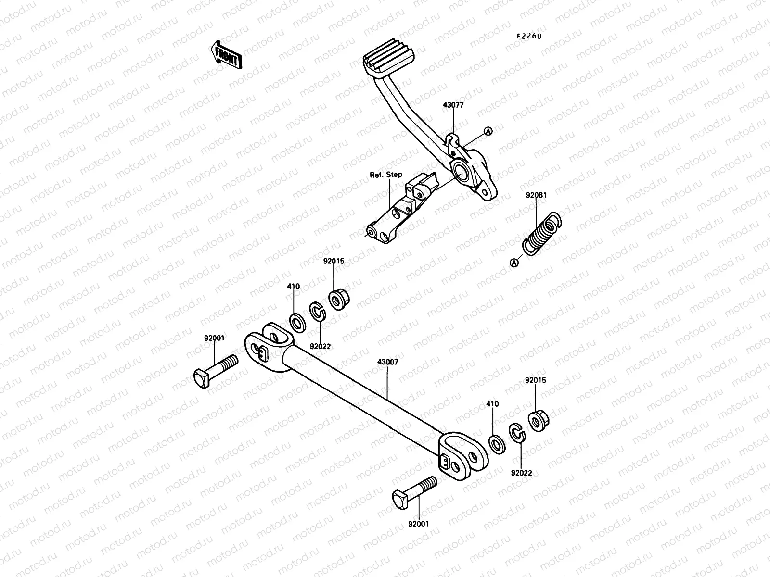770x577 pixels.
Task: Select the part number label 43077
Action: [x=453, y=105]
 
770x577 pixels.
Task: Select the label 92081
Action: [x=536, y=196]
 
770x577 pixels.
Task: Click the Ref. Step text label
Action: [x=385, y=175]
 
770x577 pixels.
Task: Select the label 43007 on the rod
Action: [x=387, y=361]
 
